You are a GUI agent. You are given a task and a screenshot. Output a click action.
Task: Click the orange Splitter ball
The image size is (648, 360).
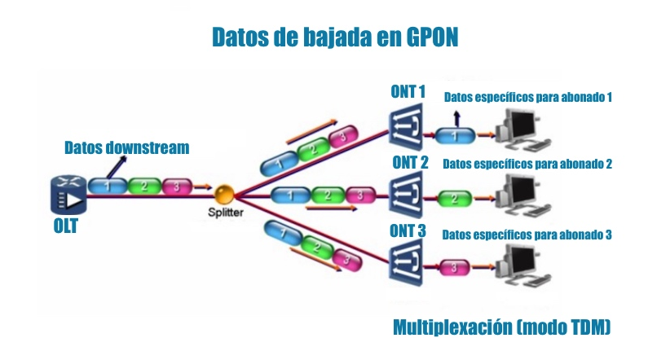point(224,195)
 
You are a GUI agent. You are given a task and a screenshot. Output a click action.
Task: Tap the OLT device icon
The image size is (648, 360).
point(68,195)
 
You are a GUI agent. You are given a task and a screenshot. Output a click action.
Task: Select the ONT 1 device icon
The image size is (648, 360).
point(406,127)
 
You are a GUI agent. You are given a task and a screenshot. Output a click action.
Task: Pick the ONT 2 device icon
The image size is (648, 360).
point(406,195)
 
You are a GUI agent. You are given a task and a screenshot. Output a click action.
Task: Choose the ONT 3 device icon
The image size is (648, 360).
point(406,263)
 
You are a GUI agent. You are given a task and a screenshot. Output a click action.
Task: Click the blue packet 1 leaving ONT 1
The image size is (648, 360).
point(455,135)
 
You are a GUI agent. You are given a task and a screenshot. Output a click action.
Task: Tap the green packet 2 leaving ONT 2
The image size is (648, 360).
point(454,199)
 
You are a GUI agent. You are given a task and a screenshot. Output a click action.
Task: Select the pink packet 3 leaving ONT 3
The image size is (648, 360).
point(454,267)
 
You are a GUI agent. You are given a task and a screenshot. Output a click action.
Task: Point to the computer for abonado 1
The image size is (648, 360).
point(522,130)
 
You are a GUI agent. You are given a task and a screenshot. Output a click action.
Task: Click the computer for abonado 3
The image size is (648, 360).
point(522,266)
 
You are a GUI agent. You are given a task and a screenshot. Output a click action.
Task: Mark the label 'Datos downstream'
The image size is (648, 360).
point(127,147)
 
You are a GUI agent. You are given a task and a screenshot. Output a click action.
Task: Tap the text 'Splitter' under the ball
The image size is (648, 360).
point(226,213)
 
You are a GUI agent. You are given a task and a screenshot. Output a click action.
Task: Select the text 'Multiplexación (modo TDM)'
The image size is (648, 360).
point(502,327)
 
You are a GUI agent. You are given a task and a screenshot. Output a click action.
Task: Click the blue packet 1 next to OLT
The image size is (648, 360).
point(108,186)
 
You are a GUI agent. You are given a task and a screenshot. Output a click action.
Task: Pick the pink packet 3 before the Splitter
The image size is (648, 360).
point(177,187)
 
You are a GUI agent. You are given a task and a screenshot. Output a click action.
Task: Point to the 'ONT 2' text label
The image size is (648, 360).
point(410,163)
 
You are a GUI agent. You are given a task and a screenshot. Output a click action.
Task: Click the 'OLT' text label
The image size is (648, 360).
point(65,226)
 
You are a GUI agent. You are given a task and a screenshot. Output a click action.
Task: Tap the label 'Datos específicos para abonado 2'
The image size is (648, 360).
point(527,164)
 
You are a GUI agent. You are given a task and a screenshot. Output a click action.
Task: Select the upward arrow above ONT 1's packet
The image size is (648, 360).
point(456,118)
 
